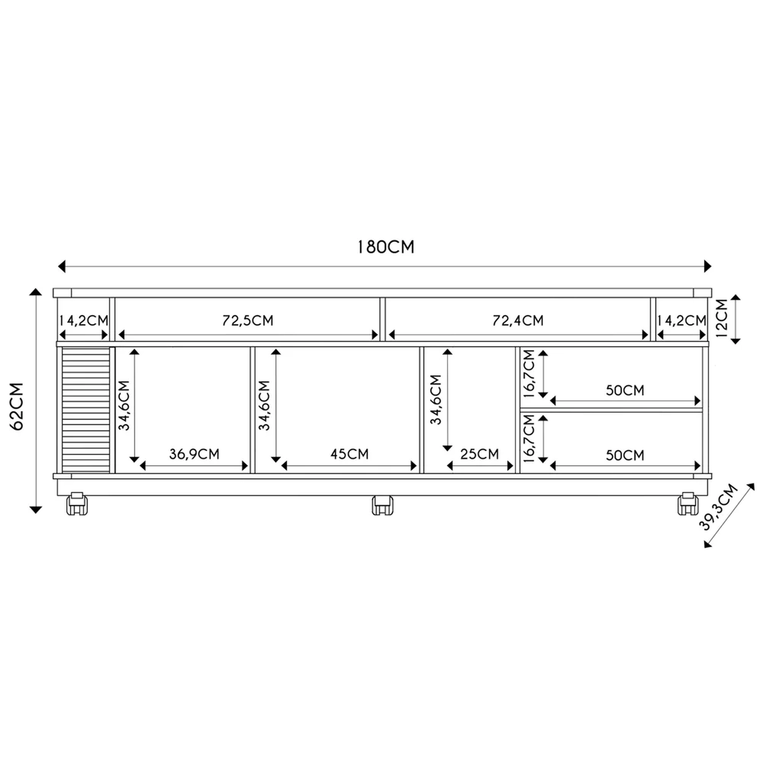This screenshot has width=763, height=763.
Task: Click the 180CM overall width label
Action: pyautogui.click(x=386, y=247)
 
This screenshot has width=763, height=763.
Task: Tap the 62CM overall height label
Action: pyautogui.click(x=17, y=406)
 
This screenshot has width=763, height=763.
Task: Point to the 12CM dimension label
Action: pyautogui.click(x=722, y=318)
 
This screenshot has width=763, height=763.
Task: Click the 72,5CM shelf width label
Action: pyautogui.click(x=248, y=320)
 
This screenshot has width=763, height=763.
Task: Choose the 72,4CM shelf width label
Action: pyautogui.click(x=518, y=320)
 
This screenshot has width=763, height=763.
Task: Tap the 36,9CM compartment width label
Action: pyautogui.click(x=194, y=454)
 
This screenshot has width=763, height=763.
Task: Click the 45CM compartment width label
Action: pyautogui.click(x=349, y=454)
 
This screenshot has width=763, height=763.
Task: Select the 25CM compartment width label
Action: pyautogui.click(x=480, y=454)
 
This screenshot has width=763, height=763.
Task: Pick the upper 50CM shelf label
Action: pyautogui.click(x=625, y=390)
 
